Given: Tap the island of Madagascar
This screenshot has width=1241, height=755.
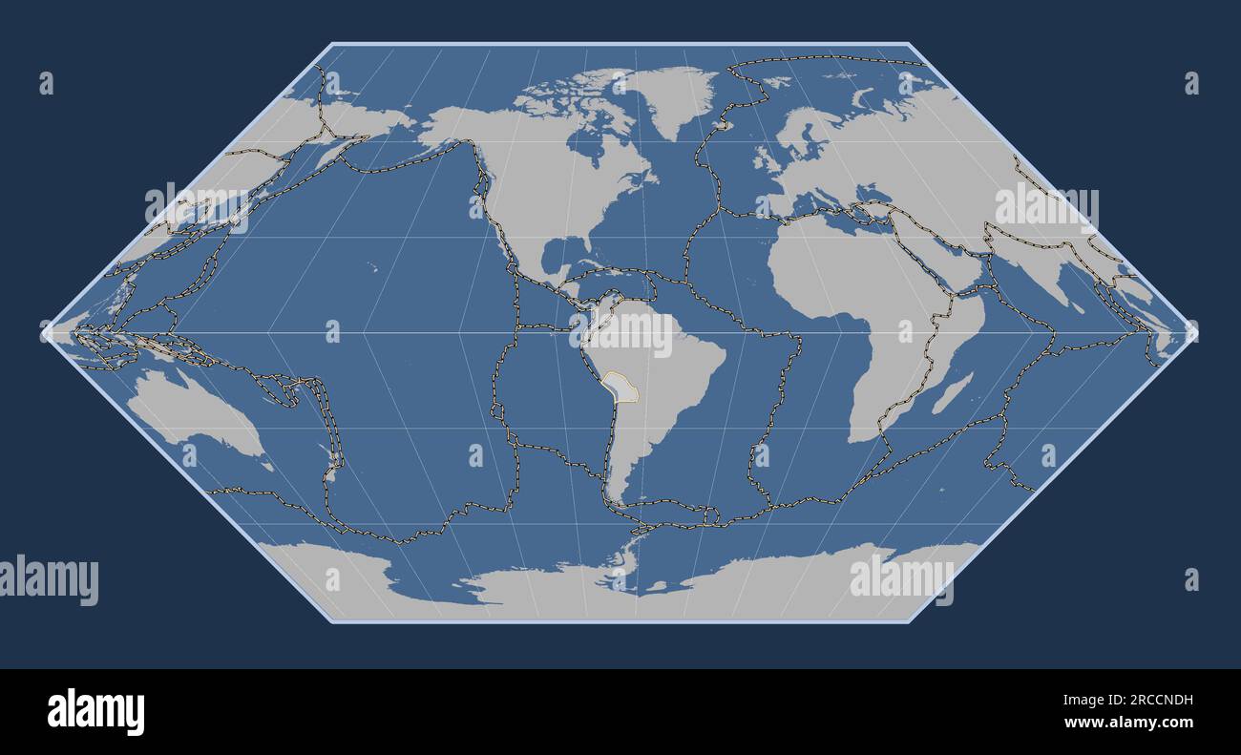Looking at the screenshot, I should [952, 393].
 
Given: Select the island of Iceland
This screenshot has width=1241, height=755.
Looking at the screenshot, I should [723, 122].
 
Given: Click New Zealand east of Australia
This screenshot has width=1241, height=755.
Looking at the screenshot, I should [331, 467].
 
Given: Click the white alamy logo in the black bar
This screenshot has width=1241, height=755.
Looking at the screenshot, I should [95, 712].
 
